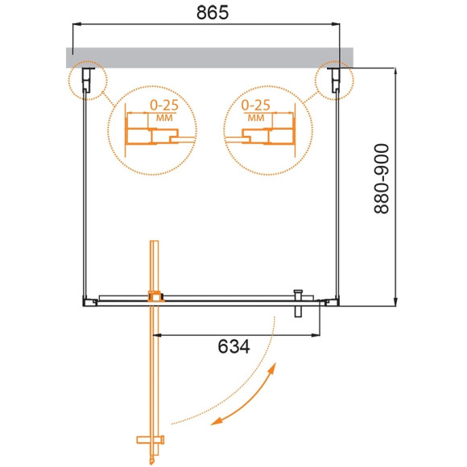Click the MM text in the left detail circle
click(164, 118)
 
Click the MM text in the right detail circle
click(256, 118)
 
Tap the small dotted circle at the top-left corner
click(86, 81)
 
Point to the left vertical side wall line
click(85, 193)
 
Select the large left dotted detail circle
click(152, 129)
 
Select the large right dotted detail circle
click(262, 129)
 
